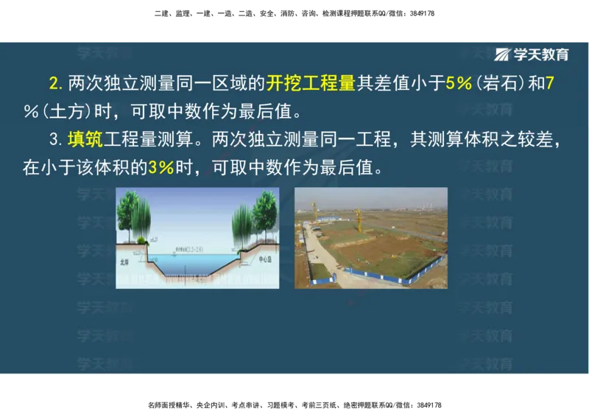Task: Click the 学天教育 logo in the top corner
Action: (x=532, y=55)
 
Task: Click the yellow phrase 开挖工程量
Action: (x=311, y=83)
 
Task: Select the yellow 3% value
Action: (x=161, y=167)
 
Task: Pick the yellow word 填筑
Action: (x=85, y=139)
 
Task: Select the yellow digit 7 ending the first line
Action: (x=549, y=83)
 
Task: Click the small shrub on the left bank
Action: (x=140, y=239)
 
